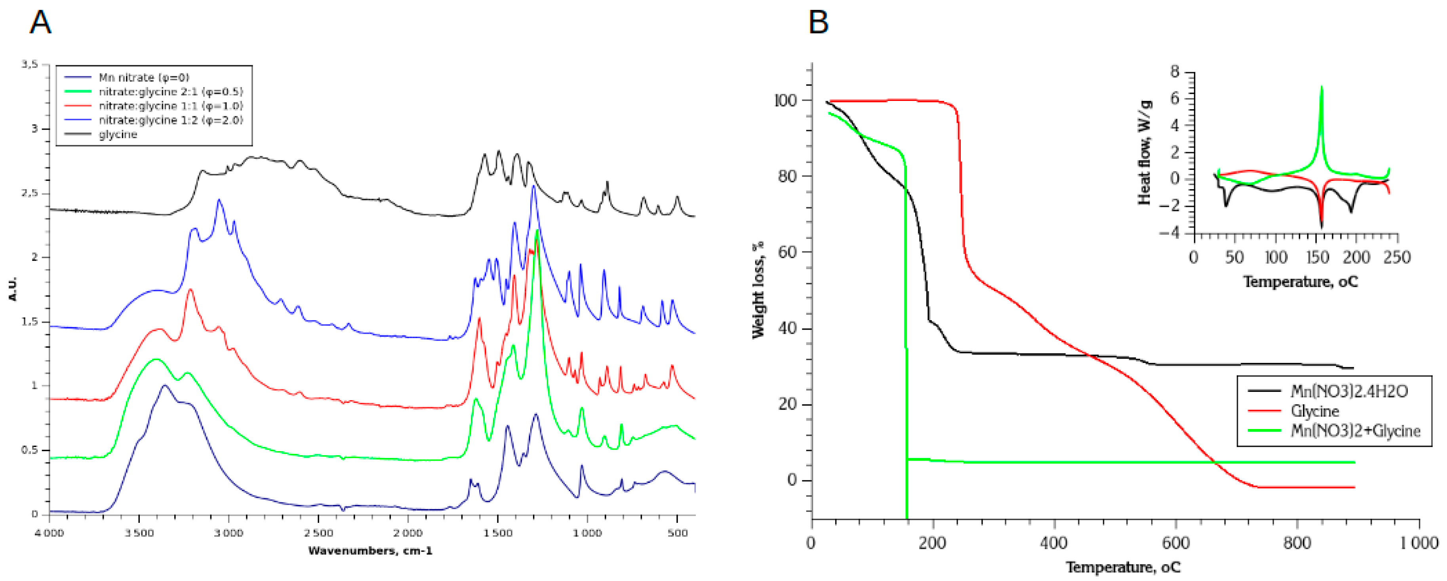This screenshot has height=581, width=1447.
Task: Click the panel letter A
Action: pos(40,23)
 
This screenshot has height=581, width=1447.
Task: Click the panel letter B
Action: pos(819,23)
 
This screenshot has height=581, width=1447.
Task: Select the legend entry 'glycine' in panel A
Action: pos(118,135)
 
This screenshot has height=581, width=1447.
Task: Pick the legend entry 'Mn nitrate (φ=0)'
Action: pos(144,78)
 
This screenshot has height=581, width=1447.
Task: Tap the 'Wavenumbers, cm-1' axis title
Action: pos(370,551)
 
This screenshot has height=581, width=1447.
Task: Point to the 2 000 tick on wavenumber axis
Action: pos(408,532)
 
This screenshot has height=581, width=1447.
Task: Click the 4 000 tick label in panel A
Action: pos(50,532)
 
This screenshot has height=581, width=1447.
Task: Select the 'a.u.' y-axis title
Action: pos(13,289)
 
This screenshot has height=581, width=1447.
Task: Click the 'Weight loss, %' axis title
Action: pos(758,290)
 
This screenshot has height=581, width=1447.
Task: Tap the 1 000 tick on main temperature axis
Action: pos(1419,543)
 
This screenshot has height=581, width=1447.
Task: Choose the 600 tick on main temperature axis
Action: pos(1176,543)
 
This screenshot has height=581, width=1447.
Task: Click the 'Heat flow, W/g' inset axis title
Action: pos(1145,153)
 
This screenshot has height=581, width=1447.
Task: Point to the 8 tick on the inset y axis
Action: pos(1175,72)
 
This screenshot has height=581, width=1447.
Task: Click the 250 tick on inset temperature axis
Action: pos(1396,258)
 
